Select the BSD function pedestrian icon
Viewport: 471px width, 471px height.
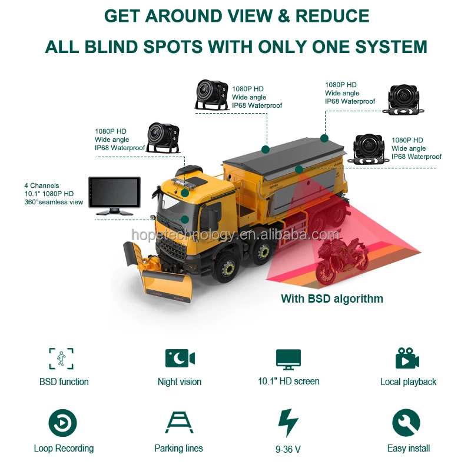pos(61,359)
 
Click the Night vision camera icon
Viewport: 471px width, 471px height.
pos(180,359)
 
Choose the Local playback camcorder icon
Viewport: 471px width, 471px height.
pos(407,359)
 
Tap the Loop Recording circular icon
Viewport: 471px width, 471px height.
pos(62,423)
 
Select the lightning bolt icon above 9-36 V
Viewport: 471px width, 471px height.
pos(288,423)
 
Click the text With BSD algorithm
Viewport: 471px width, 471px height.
pos(331,298)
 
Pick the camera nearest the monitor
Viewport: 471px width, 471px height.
pos(162,137)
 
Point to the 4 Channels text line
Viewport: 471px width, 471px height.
pos(41,185)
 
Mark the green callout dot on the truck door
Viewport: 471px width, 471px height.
pos(185,219)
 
